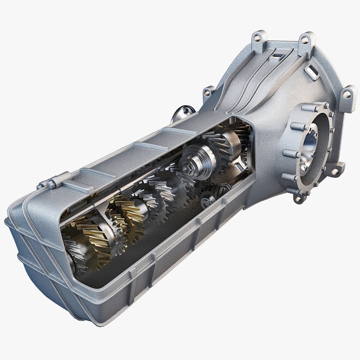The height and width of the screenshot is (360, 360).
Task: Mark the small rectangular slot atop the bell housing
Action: click(x=278, y=56)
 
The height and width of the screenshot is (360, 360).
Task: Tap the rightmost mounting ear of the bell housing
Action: click(x=347, y=97)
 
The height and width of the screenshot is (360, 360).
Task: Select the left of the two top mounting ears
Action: click(x=259, y=37)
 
